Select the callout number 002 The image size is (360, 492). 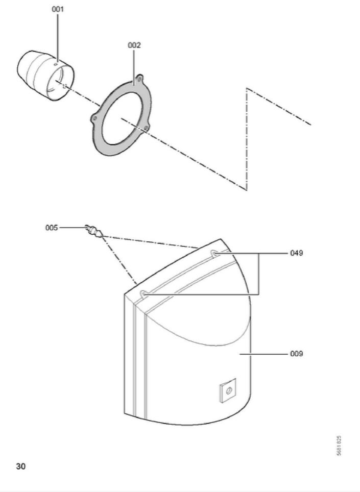click(134, 45)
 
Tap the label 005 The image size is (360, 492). click(51, 228)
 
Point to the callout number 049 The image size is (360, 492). click(297, 253)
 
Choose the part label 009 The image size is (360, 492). click(297, 353)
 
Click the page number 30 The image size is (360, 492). click(20, 466)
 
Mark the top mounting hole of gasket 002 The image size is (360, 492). click(139, 80)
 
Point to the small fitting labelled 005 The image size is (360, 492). click(94, 231)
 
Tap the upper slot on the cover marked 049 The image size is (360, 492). click(215, 253)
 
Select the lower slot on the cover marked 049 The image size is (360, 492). click(145, 293)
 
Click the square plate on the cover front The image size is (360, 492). click(227, 390)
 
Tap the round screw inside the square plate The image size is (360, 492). click(228, 390)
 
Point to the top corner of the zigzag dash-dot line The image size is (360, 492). click(247, 88)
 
